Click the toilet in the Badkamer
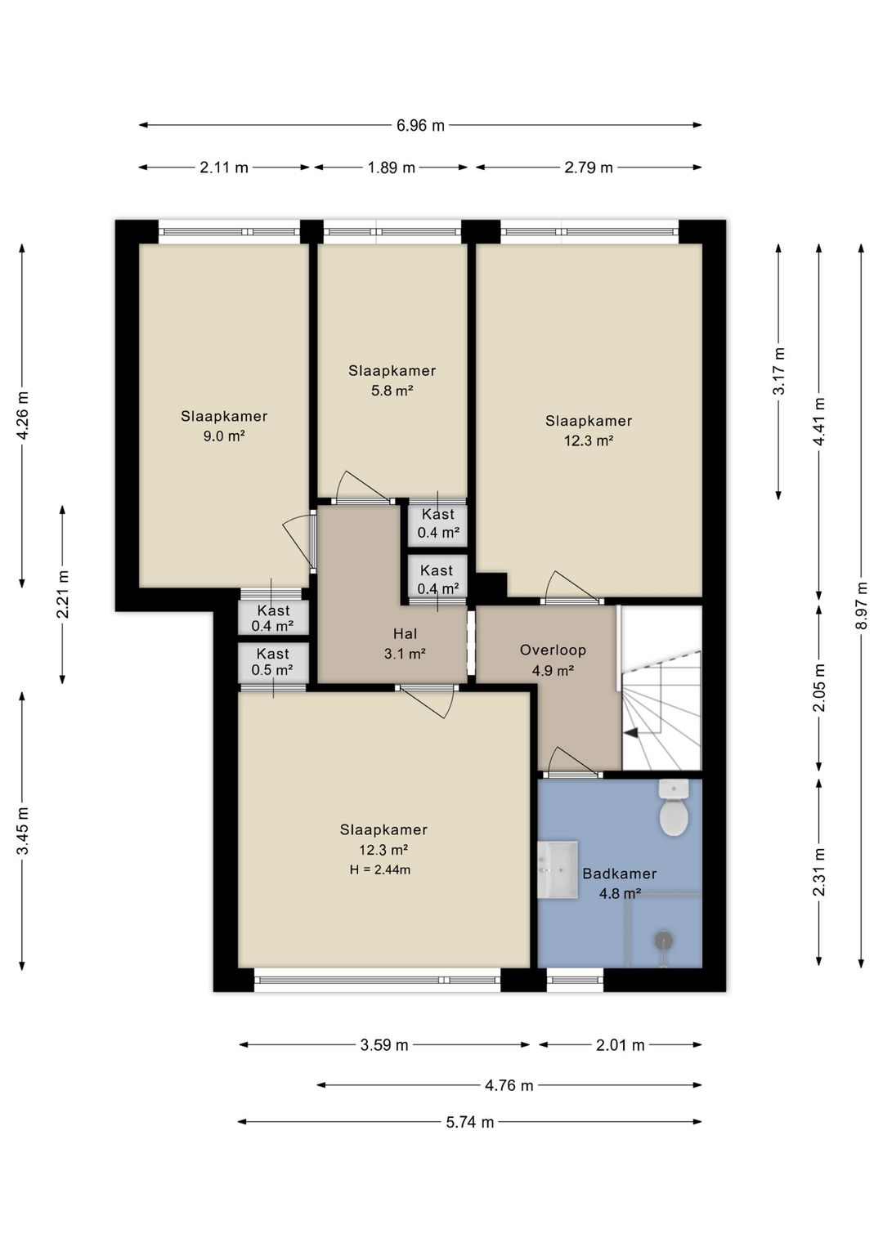[674, 807]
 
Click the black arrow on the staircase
[633, 734]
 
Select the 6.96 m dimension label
[420, 126]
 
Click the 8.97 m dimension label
[862, 606]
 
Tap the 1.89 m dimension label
[391, 168]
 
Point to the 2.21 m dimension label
[62, 595]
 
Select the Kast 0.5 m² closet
[273, 662]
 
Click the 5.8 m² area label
[392, 391]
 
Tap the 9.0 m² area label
[224, 436]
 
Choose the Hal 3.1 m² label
[405, 644]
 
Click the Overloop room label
[553, 650]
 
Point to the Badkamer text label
[620, 874]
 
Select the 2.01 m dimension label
[620, 1045]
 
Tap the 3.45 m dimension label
[22, 830]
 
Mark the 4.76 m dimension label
[509, 1085]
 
